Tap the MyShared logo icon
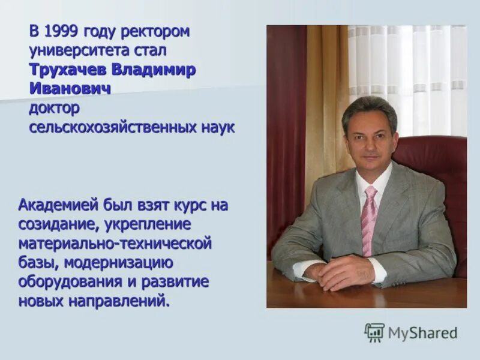coord(374,332)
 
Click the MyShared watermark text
coord(422,332)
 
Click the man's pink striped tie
coord(369,219)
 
